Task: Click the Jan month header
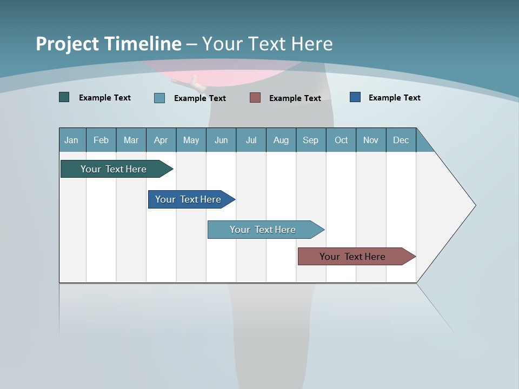click(71, 140)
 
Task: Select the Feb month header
click(101, 140)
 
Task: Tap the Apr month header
click(161, 140)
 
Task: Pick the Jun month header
click(221, 140)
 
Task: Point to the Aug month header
click(281, 140)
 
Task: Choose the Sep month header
click(310, 140)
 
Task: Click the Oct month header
click(341, 140)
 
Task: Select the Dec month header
click(401, 140)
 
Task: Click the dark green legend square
click(64, 97)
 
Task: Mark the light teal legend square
click(159, 98)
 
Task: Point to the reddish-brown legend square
click(255, 97)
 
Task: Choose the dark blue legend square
click(355, 97)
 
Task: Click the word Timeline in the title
click(141, 44)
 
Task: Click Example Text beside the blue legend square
click(394, 98)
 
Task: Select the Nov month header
click(370, 140)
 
